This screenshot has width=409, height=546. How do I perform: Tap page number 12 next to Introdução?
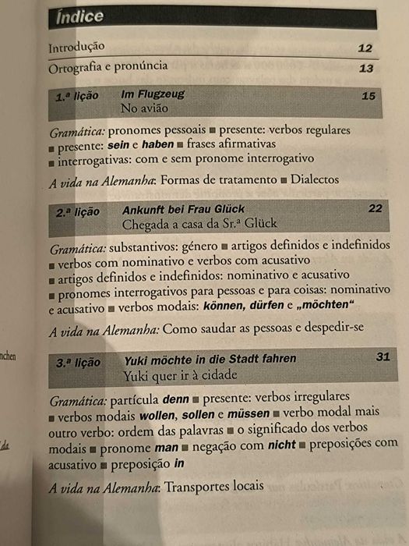click(x=365, y=48)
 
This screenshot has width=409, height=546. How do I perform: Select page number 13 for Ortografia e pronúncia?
click(x=366, y=69)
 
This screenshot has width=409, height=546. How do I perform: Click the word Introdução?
click(x=76, y=47)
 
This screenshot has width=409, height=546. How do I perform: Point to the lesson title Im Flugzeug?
click(x=153, y=94)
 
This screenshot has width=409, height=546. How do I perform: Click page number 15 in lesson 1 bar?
click(x=369, y=96)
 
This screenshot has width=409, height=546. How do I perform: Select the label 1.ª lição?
click(x=77, y=97)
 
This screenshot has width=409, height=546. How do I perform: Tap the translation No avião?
click(x=144, y=108)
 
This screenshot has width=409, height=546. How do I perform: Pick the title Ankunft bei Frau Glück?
click(x=184, y=209)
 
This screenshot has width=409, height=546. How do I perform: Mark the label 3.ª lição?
click(x=79, y=363)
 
